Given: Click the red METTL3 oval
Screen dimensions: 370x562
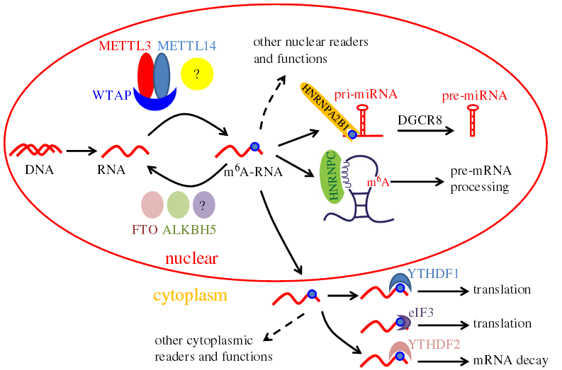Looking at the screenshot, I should (x=145, y=76).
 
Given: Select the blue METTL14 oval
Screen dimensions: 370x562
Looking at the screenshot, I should (x=162, y=76).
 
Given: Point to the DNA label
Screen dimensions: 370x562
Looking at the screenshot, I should (x=35, y=170).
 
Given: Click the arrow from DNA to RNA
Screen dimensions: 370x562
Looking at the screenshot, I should (x=80, y=150).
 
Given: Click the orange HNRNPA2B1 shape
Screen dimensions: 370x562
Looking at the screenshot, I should (x=327, y=112).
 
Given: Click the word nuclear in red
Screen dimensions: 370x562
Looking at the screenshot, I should (x=191, y=259).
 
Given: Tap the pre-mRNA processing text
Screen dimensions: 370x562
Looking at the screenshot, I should (x=480, y=181).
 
